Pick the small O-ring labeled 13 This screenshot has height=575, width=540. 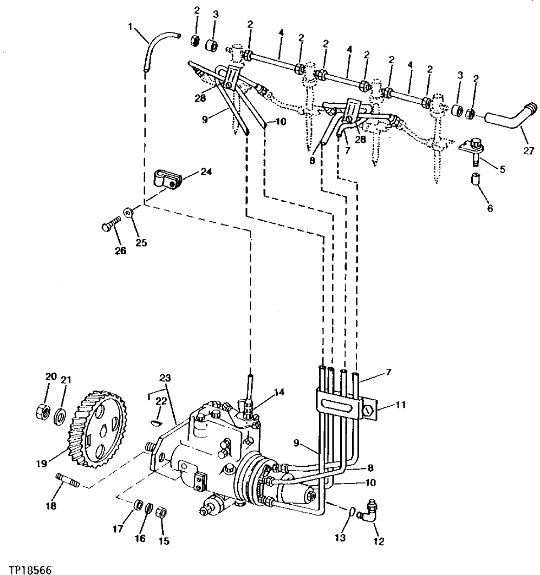point(353,511)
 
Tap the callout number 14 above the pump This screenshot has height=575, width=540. point(278,392)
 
